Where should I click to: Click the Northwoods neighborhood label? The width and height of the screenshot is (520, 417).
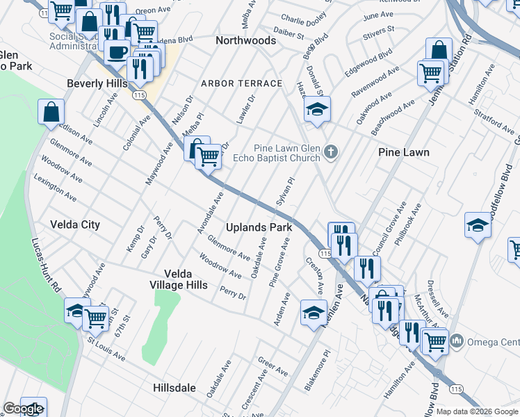245,41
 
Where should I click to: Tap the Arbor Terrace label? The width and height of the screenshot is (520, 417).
241,83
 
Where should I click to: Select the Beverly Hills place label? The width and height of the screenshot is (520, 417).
97,83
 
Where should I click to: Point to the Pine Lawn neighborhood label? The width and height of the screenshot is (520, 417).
404,152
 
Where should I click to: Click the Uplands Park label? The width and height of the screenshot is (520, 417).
259,227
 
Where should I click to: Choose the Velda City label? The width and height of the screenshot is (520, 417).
75,224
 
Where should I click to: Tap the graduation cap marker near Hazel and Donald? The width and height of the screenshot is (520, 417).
317,109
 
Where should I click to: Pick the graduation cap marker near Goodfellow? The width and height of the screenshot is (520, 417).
478,225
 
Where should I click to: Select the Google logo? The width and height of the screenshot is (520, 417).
22,409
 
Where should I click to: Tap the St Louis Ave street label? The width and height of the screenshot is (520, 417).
106,350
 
